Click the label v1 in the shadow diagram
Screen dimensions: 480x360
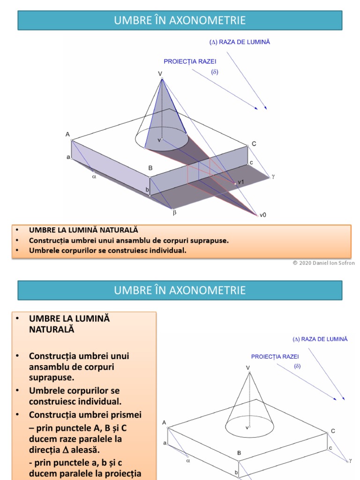[241, 182]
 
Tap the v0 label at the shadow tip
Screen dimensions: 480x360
[262, 215]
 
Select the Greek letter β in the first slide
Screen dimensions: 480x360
[174, 212]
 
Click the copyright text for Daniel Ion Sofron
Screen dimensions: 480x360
[324, 263]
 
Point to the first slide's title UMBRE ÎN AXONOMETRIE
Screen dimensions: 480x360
[180, 20]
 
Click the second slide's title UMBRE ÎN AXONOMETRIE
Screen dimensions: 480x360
[180, 290]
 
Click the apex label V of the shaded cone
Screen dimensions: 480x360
[160, 74]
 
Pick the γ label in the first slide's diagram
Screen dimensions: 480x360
[273, 176]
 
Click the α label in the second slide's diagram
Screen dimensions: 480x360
[188, 460]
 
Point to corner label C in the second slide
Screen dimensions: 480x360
[333, 431]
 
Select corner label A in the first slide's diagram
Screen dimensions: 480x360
[67, 135]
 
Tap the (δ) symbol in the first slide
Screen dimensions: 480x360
[215, 72]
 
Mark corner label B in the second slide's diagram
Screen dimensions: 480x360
[239, 453]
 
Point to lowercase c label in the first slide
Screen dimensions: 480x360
[251, 163]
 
